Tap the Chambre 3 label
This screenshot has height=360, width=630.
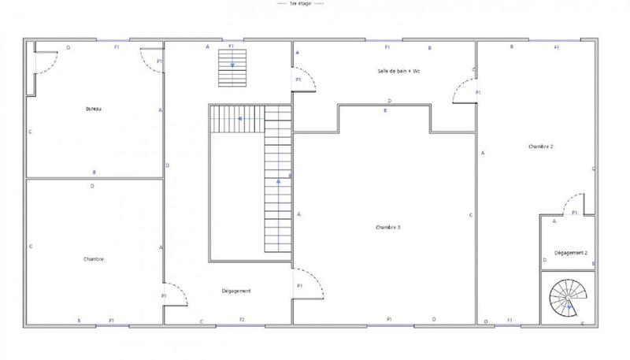(x=388, y=227)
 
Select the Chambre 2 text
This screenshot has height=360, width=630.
(x=541, y=147)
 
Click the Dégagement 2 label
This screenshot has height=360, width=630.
(x=571, y=253)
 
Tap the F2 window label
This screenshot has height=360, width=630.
(x=242, y=320)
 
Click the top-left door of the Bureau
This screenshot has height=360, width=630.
(x=46, y=61)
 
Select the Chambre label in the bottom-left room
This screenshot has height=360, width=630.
(x=94, y=259)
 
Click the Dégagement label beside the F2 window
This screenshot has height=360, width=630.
(x=236, y=291)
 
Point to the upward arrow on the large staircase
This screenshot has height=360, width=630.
(x=278, y=183)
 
